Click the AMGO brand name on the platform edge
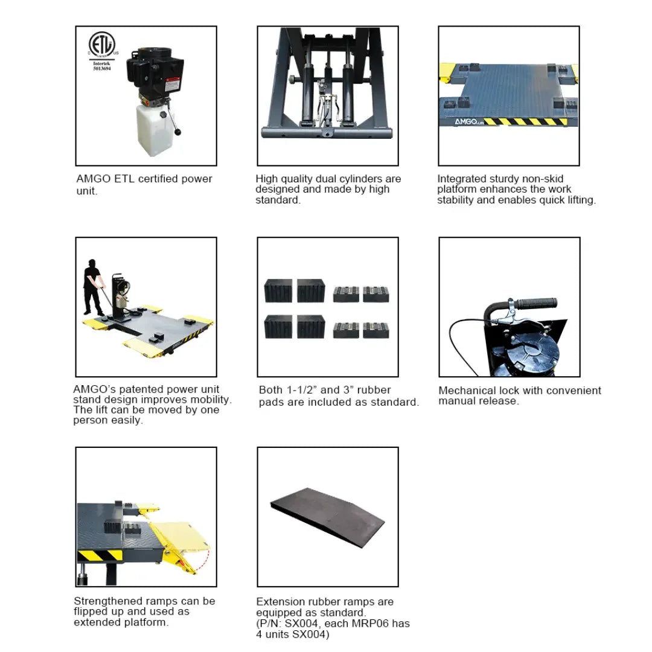pos(462,121)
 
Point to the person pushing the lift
pos(92,287)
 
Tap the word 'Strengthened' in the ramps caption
pos(109,601)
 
